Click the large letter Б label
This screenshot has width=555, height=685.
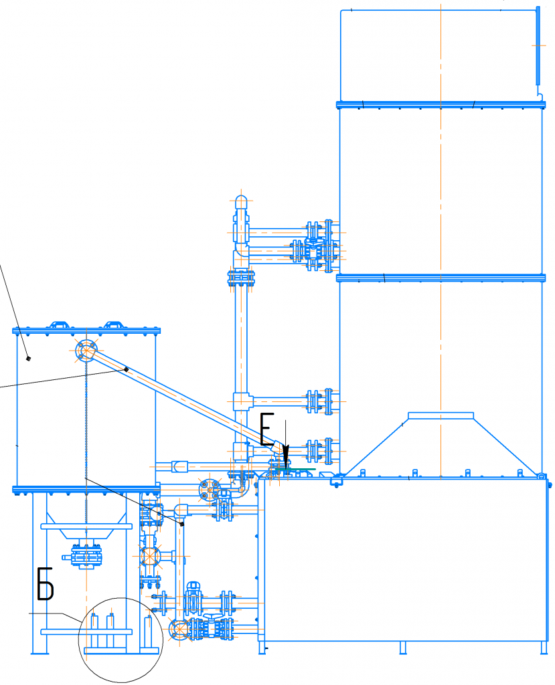tap(45, 583)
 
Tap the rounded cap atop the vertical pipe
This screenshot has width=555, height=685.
tap(241, 202)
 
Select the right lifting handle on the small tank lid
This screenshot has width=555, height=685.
tap(114, 325)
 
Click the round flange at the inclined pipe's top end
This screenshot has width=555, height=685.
tap(86, 351)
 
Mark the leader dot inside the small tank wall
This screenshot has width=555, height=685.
tap(29, 359)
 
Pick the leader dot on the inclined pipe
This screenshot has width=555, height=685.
tap(127, 369)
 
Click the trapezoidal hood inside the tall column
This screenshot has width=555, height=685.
tap(441, 444)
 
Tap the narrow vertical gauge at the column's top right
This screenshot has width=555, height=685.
tap(538, 46)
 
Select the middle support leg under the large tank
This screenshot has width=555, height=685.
tap(403, 648)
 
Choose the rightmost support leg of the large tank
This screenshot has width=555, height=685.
tap(544, 648)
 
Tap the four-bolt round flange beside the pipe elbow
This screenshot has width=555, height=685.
tap(210, 490)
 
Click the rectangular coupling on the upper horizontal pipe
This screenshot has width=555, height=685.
tap(179, 466)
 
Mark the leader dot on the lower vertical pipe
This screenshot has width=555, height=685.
tap(182, 523)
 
